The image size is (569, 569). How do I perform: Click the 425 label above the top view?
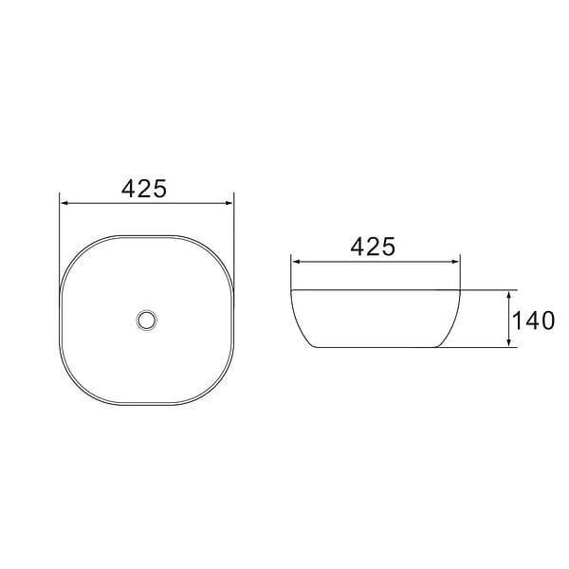[x=144, y=189]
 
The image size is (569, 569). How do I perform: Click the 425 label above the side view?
[x=373, y=247]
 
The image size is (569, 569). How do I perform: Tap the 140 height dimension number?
[x=533, y=321]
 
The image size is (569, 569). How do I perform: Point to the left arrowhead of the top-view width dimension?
[x=64, y=203]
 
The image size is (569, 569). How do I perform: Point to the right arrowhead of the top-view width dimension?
[x=229, y=203]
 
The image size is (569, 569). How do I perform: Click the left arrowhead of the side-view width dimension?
[x=296, y=262]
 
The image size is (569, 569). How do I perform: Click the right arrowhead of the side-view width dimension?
[x=455, y=262]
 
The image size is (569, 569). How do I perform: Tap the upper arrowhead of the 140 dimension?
[x=509, y=295]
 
